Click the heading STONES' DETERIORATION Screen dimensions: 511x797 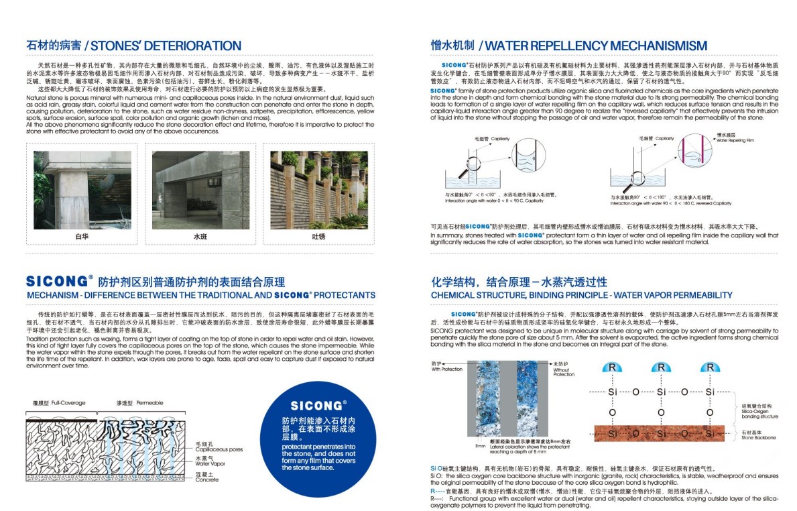166,46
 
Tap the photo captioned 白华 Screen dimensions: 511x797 82,191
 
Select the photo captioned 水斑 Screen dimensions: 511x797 200,191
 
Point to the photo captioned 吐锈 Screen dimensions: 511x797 318,191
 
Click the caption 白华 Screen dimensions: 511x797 82,237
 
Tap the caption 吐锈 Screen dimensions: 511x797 318,237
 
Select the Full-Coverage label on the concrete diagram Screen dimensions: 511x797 59,403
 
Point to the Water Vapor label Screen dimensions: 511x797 210,461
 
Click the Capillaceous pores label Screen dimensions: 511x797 219,447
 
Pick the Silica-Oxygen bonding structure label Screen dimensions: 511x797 760,411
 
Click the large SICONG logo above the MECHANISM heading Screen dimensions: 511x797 60,281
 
